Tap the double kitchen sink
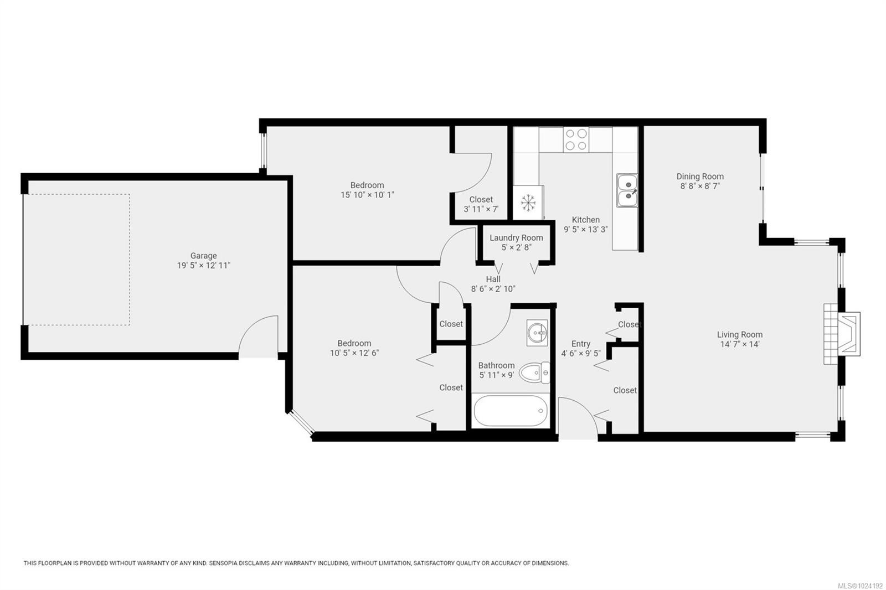(627, 190)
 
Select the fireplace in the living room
(842, 334)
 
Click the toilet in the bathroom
(535, 372)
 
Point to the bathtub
(511, 411)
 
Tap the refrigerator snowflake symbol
(528, 203)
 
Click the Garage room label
(203, 256)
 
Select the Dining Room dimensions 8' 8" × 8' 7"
(699, 187)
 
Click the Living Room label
(739, 334)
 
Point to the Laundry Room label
(516, 238)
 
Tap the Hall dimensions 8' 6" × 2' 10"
(493, 289)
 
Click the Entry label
(580, 344)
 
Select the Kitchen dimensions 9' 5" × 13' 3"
(585, 229)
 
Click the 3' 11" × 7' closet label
(481, 209)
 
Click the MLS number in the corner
(859, 585)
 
